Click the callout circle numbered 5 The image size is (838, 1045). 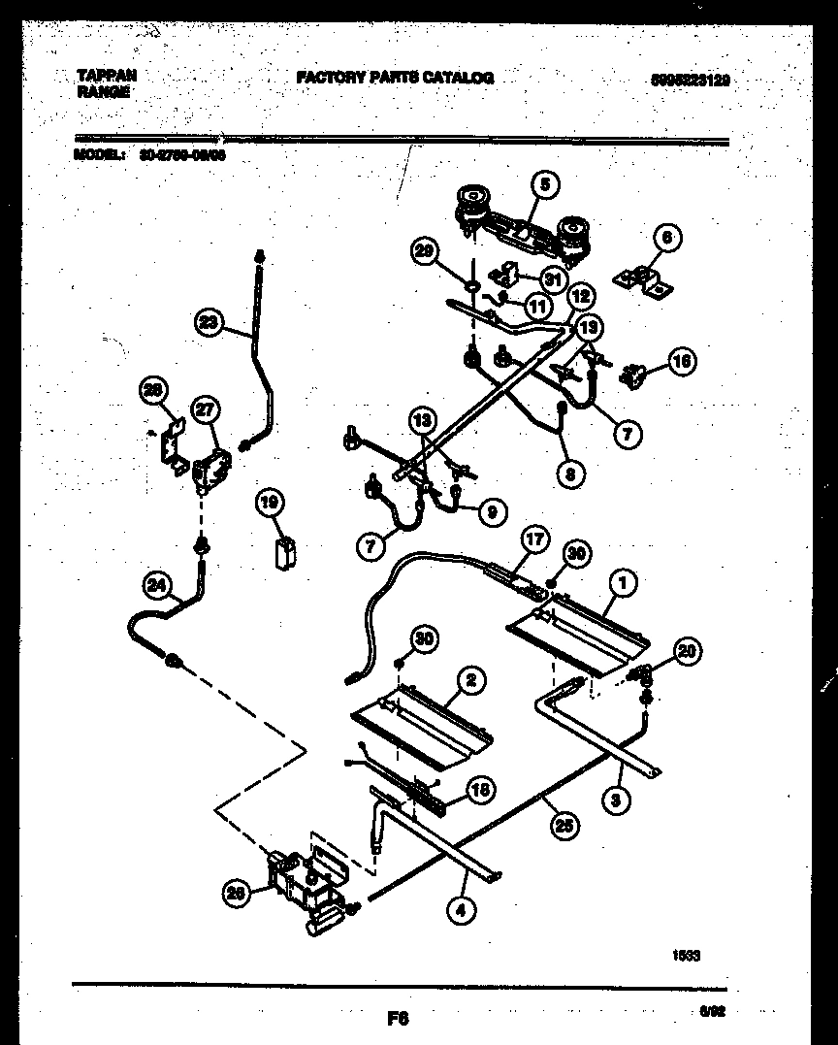(544, 184)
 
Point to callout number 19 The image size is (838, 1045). (270, 502)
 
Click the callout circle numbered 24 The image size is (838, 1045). (155, 584)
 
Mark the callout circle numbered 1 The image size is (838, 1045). (624, 582)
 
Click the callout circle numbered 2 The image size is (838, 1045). (469, 680)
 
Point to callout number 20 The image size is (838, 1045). (687, 651)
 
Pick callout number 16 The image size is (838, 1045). (682, 363)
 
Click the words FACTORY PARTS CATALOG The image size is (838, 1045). (395, 78)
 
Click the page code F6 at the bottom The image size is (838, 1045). (398, 1020)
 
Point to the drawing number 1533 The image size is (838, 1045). (687, 955)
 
